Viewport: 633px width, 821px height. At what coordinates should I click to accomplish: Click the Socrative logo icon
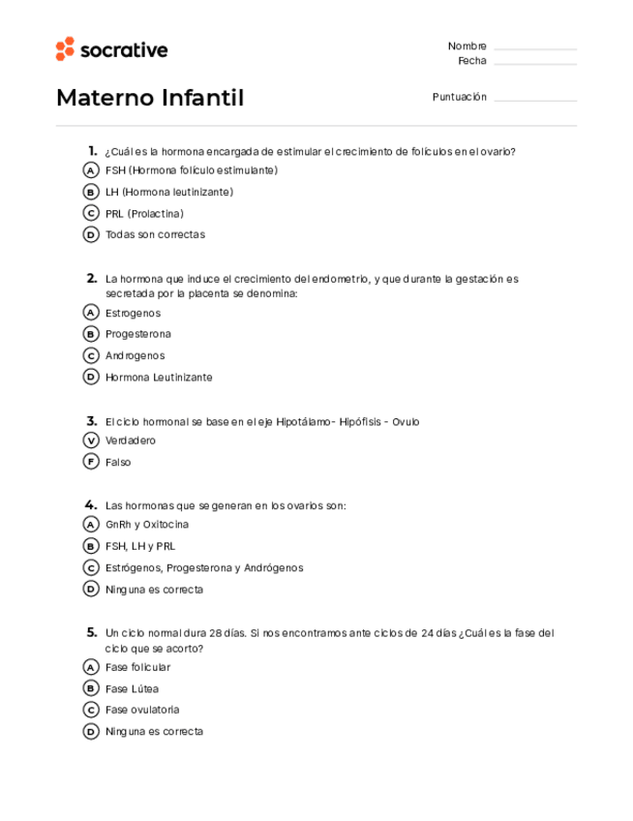tap(65, 49)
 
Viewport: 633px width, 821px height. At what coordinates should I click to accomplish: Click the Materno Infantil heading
tap(150, 98)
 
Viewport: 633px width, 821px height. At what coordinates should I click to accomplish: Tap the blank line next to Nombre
tap(534, 48)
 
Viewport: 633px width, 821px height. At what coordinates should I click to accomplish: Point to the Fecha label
tap(472, 61)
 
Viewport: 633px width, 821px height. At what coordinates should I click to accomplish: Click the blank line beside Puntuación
tap(534, 100)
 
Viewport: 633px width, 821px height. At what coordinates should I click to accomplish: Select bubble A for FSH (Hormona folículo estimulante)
tap(91, 170)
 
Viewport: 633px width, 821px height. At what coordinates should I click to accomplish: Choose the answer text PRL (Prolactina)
tap(144, 213)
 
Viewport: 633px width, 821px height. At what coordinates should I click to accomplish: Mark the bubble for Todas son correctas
tap(91, 234)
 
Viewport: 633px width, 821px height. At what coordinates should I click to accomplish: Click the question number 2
tap(91, 278)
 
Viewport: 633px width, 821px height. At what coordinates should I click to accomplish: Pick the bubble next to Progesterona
tap(91, 334)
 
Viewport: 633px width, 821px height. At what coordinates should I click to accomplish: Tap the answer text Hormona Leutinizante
tap(159, 378)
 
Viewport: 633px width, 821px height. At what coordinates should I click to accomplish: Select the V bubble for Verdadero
tap(91, 441)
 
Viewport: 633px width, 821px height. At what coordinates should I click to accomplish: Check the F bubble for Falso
tap(91, 462)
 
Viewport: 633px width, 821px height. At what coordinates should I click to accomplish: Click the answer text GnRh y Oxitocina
tap(147, 525)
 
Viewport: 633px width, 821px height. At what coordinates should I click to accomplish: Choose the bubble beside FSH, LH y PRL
tap(91, 546)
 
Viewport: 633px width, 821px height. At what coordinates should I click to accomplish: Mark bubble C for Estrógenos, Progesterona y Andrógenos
tap(91, 567)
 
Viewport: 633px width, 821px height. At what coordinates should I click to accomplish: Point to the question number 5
tap(91, 632)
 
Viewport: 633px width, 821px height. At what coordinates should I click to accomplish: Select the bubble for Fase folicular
tap(91, 667)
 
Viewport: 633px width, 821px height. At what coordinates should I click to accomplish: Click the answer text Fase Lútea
tap(132, 689)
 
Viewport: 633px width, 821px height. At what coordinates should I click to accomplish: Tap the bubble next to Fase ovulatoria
tap(91, 710)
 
